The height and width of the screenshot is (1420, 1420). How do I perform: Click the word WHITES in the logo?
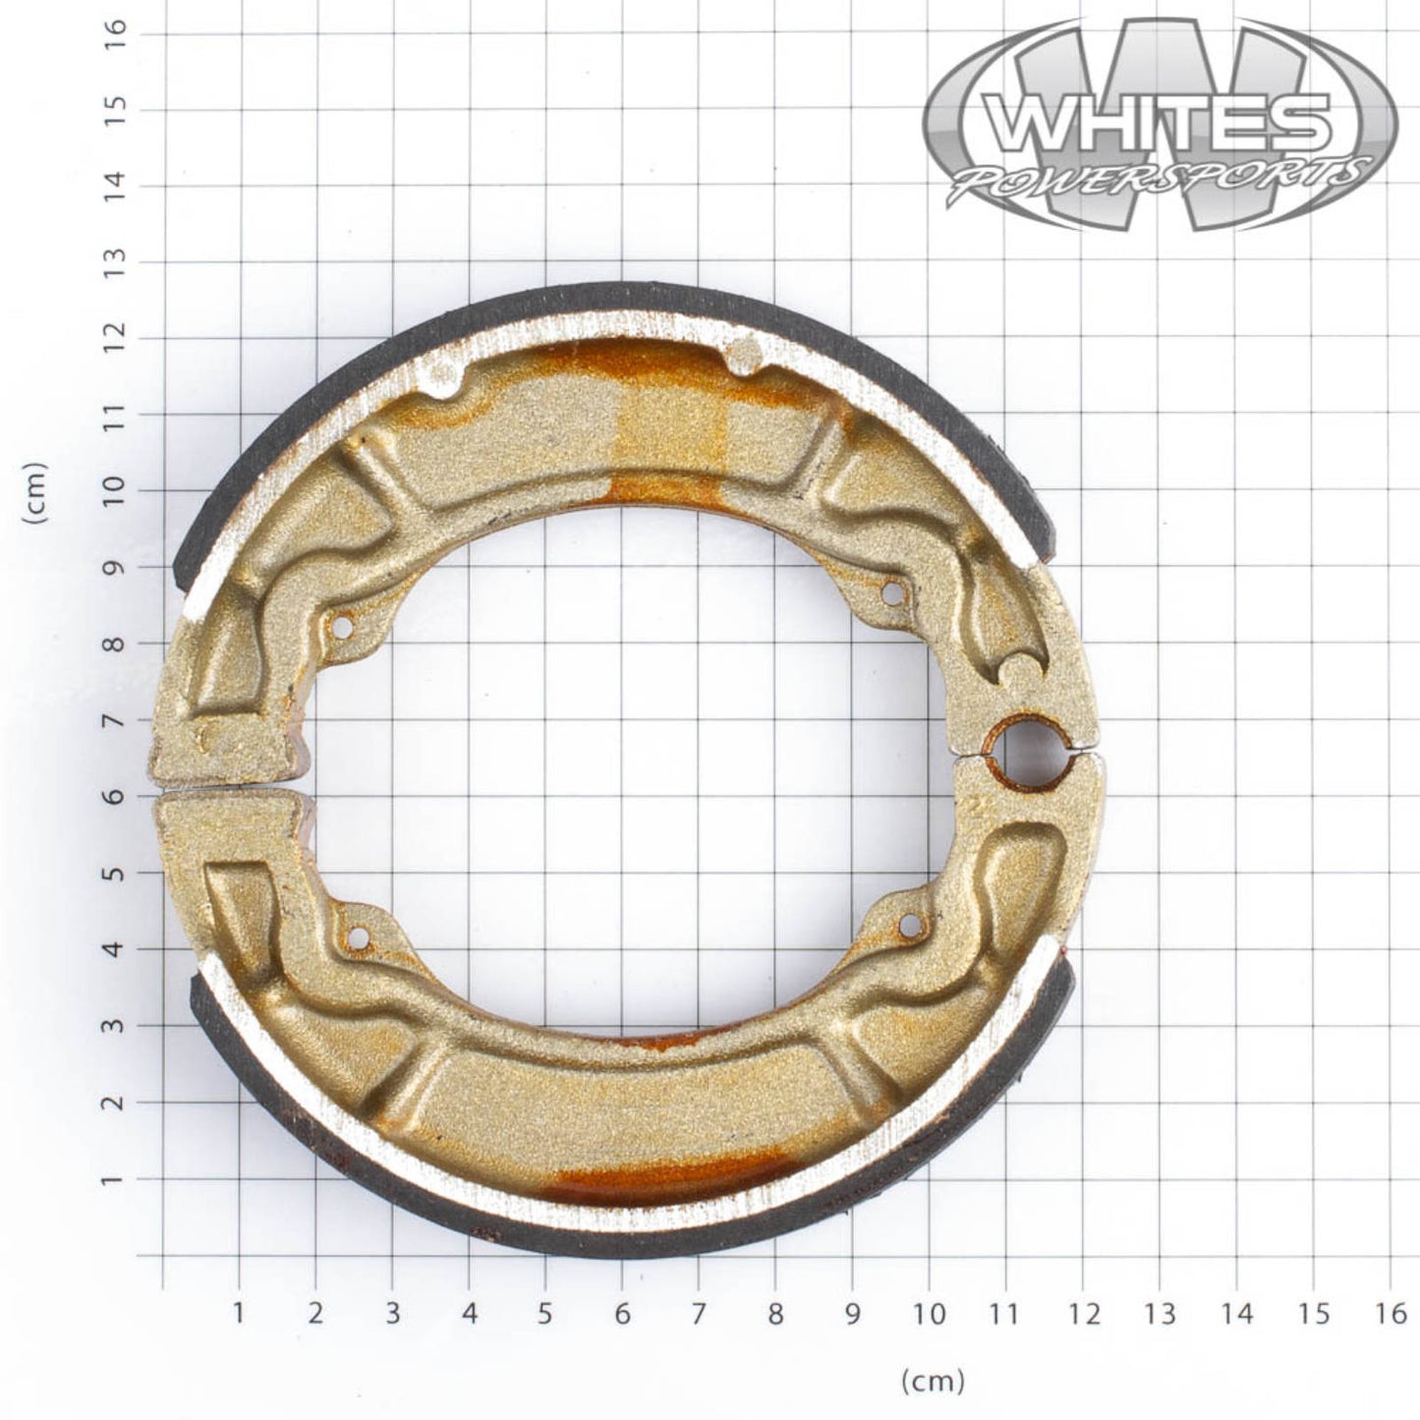coord(1160,121)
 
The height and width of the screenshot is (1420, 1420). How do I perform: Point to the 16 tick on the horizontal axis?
coord(1391,1314)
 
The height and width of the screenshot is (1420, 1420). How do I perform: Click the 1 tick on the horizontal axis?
coord(238,1314)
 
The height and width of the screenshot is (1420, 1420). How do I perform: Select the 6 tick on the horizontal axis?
coord(621,1314)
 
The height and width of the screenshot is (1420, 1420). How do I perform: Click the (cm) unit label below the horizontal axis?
coord(933,1382)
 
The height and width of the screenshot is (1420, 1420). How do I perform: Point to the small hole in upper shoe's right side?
coord(892,593)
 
